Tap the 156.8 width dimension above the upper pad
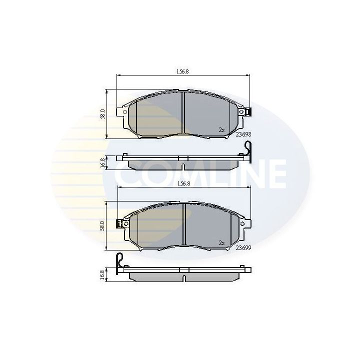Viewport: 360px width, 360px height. pyautogui.click(x=182, y=71)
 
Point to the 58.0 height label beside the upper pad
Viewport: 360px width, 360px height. pyautogui.click(x=103, y=113)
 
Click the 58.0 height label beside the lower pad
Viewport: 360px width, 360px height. pyautogui.click(x=103, y=225)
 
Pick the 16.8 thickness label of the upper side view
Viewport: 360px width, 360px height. pyautogui.click(x=103, y=162)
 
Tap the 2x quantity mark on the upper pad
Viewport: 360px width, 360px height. pyautogui.click(x=222, y=130)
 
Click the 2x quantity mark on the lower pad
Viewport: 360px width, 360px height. pyautogui.click(x=222, y=243)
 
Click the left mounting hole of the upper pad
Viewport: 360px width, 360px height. pyautogui.click(x=119, y=112)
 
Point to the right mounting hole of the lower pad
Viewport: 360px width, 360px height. pyautogui.click(x=243, y=224)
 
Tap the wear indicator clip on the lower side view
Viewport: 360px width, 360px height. pyautogui.click(x=119, y=261)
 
